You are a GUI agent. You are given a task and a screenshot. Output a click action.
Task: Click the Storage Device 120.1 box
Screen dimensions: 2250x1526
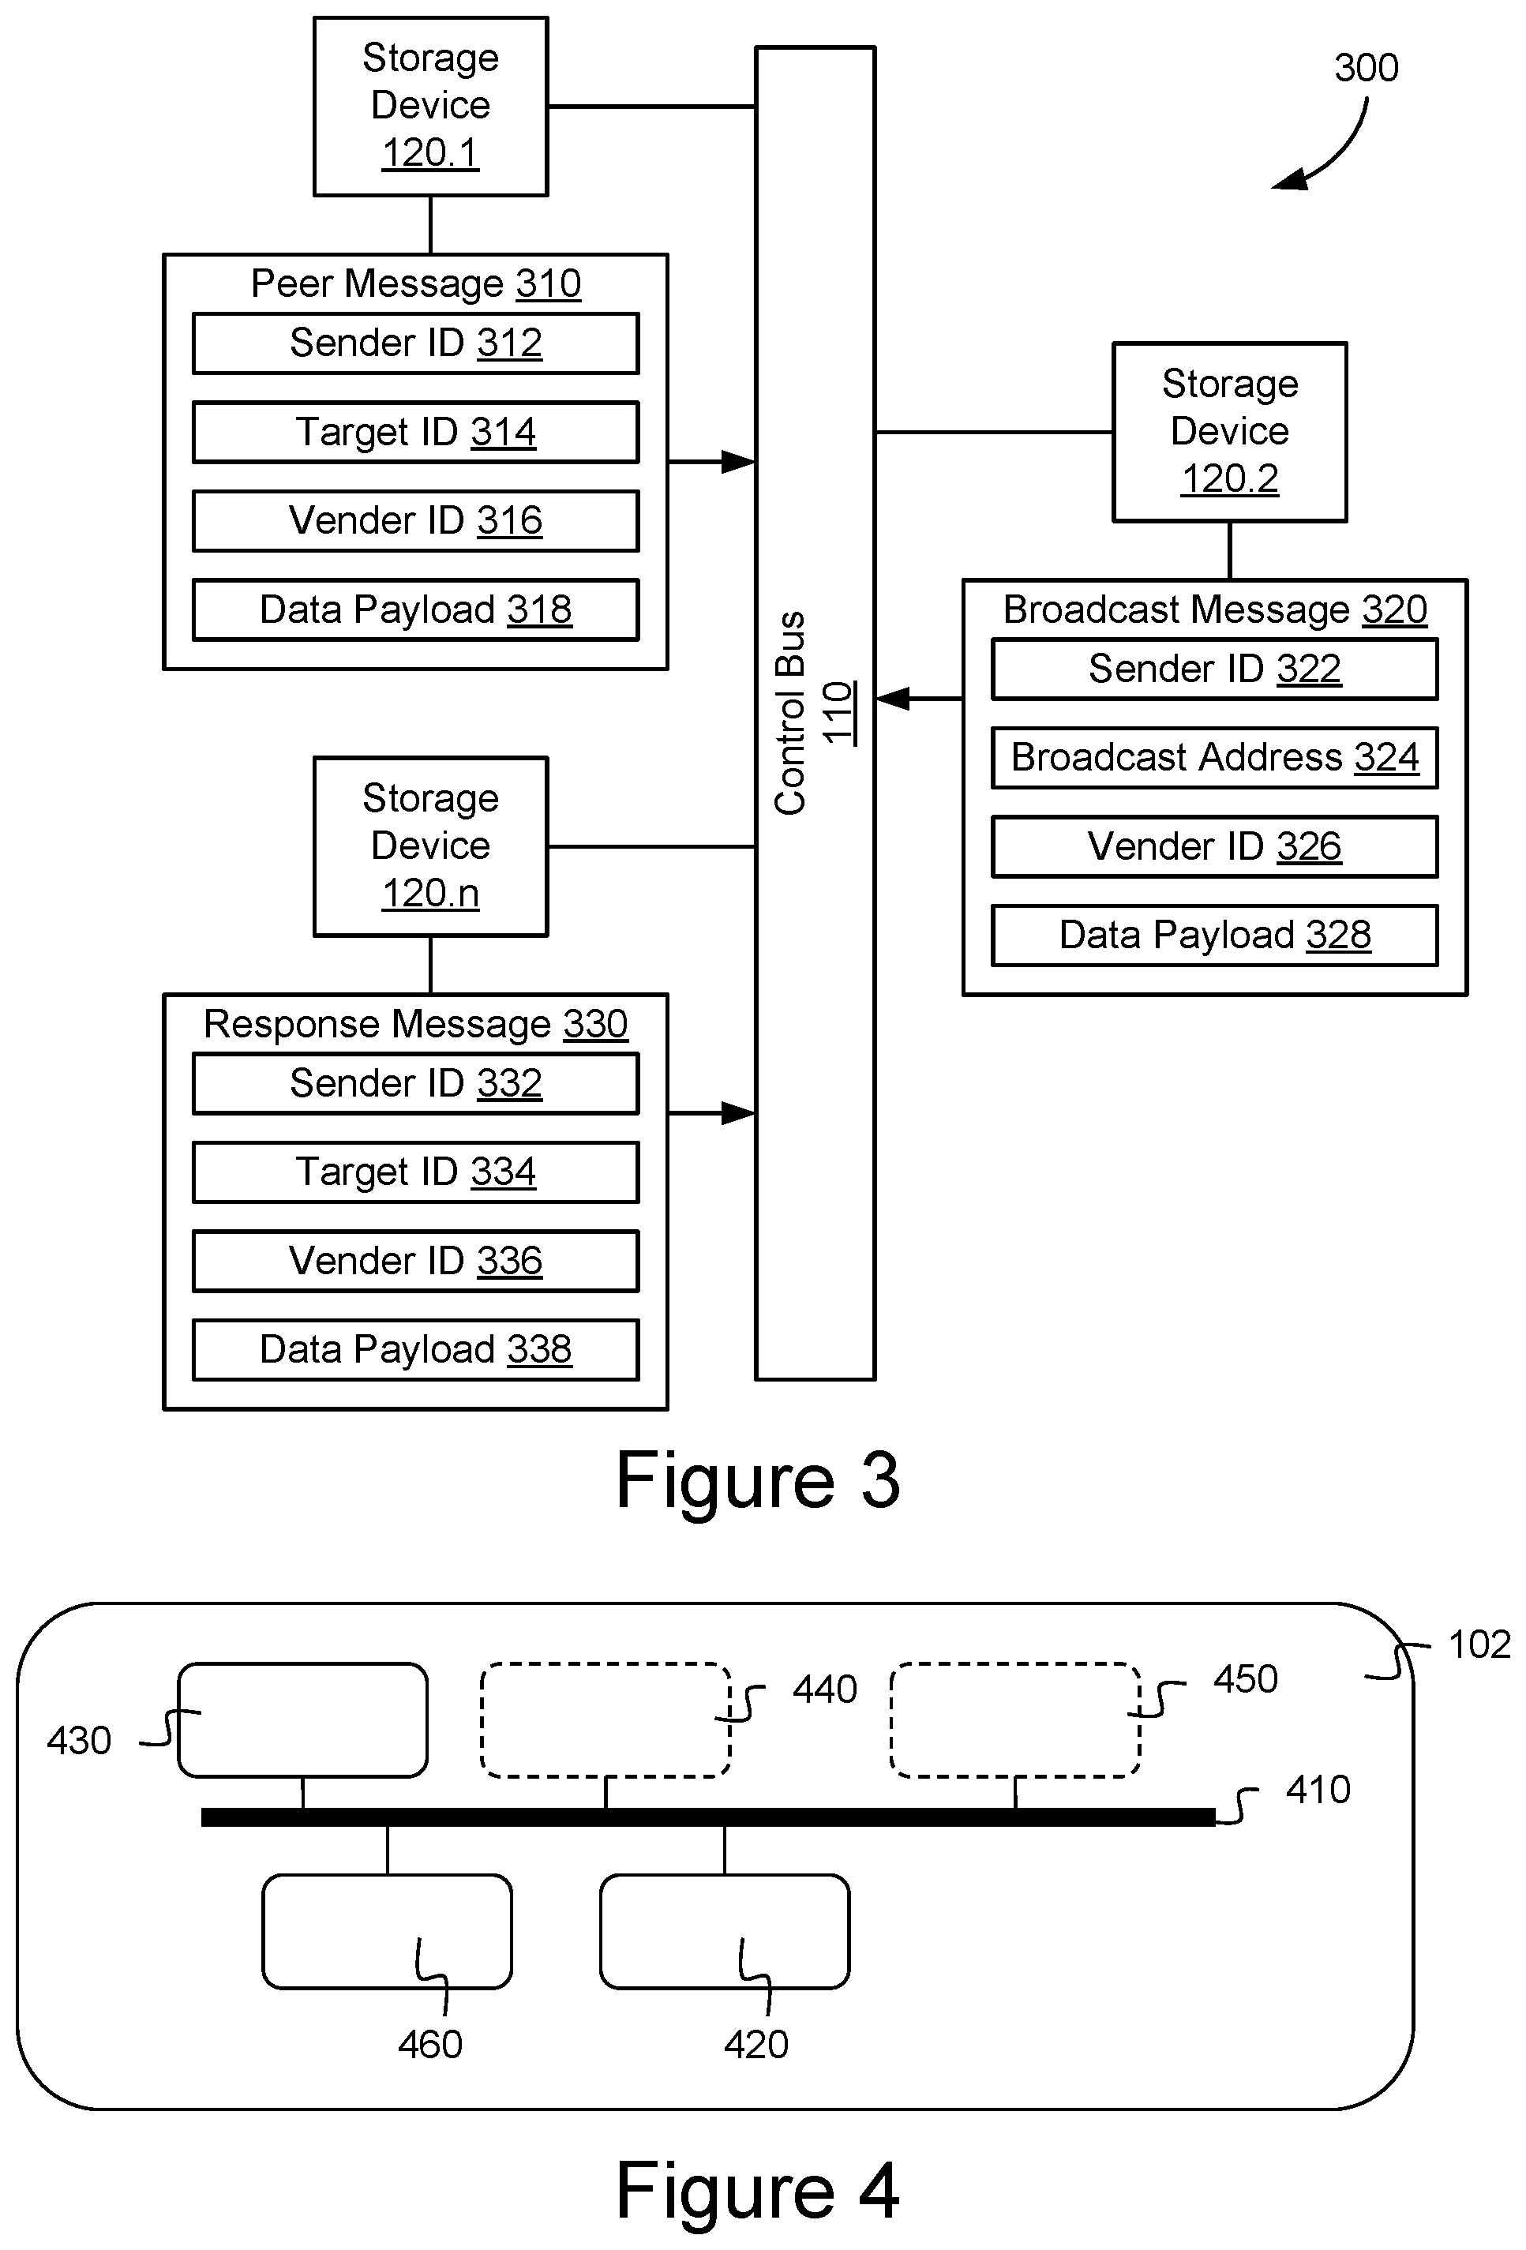(430, 107)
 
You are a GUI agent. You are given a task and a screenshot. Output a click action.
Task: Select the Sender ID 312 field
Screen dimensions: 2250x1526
(415, 343)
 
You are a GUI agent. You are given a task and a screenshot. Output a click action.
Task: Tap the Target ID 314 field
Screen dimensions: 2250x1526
(415, 432)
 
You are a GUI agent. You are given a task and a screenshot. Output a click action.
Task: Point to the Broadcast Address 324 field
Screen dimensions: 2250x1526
(1214, 757)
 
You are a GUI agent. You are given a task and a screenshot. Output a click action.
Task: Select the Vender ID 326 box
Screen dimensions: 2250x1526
(1214, 846)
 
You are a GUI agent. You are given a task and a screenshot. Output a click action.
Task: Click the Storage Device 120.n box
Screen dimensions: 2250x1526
(430, 846)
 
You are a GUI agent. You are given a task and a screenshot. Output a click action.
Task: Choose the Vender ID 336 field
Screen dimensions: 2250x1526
(415, 1261)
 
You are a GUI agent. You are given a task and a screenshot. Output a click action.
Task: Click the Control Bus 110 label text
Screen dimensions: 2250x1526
(813, 713)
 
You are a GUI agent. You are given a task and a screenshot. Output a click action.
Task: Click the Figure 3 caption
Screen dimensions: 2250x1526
(758, 1481)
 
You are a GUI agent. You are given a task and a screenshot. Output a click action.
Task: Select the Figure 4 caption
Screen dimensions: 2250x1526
(758, 2191)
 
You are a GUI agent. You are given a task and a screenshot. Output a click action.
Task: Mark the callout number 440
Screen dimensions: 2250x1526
(824, 1689)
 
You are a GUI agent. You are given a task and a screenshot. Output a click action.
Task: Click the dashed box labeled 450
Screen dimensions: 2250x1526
(1014, 1719)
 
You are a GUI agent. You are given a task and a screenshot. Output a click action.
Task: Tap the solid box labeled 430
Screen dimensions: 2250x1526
(303, 1719)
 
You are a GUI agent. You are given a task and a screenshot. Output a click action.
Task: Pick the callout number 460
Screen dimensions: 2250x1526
(430, 2044)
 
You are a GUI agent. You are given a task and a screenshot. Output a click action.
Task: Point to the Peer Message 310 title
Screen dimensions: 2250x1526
(415, 283)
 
